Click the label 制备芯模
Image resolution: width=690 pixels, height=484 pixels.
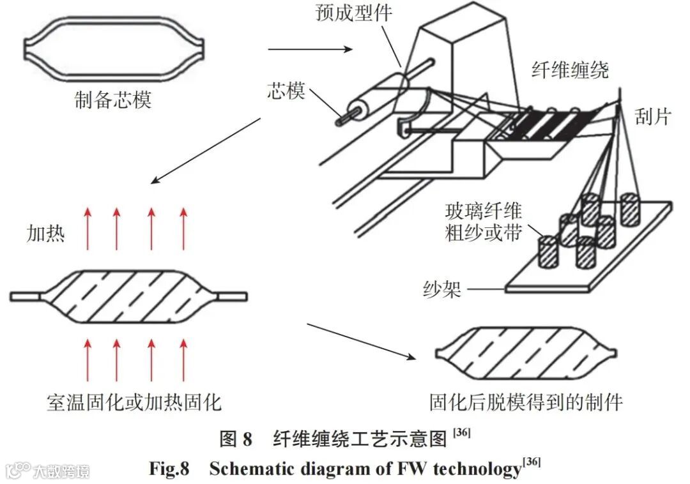click(x=112, y=100)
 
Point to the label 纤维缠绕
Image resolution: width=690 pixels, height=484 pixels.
click(x=570, y=70)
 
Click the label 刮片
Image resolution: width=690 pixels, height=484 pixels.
click(x=653, y=117)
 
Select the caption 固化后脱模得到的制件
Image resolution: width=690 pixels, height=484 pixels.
click(x=526, y=402)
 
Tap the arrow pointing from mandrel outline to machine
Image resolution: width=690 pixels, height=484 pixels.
click(x=309, y=49)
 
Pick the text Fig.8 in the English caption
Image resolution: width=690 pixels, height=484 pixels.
click(x=169, y=469)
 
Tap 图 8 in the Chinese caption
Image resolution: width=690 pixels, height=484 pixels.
click(x=236, y=439)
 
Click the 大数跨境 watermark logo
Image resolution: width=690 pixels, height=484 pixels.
click(x=48, y=471)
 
